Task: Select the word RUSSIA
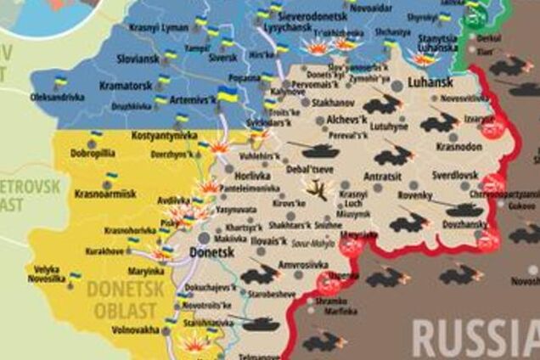[476, 337]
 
